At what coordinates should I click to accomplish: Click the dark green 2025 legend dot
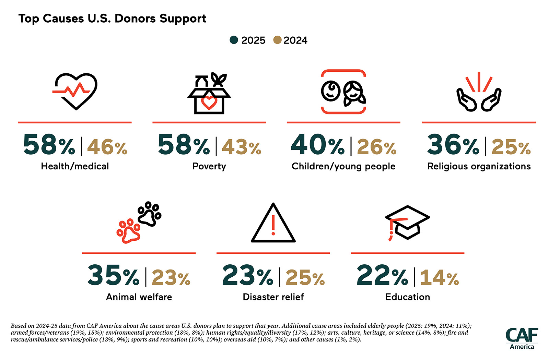tap(234, 40)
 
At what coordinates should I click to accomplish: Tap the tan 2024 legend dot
tap(277, 40)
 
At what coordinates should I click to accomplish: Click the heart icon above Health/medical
tap(76, 91)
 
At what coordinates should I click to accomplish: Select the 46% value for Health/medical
tap(107, 147)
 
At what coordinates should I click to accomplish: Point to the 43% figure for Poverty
tap(242, 147)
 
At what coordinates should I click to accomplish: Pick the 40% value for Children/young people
tap(317, 145)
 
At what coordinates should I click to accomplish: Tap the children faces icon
tap(343, 92)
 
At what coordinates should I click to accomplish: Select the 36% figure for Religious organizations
tap(453, 145)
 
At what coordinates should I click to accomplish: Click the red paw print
tap(128, 231)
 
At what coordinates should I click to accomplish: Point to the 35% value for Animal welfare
tap(113, 275)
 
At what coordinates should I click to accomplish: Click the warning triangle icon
tap(273, 223)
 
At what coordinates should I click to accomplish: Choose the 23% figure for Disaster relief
tap(247, 275)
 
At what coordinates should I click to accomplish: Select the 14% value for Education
tap(439, 277)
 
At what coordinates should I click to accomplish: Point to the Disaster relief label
tap(273, 297)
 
